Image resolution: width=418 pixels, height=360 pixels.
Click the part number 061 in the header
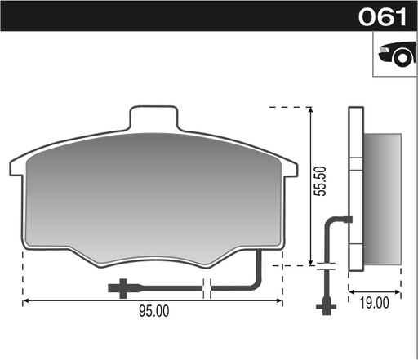pyautogui.click(x=382, y=17)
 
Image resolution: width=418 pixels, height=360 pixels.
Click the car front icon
pyautogui.click(x=397, y=55)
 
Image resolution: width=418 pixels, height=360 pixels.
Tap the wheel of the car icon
pyautogui.click(x=402, y=58)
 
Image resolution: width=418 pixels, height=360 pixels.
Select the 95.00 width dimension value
pyautogui.click(x=154, y=311)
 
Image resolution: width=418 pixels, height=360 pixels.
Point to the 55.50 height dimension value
pyautogui.click(x=320, y=181)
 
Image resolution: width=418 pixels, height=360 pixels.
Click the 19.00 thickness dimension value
pyautogui.click(x=375, y=303)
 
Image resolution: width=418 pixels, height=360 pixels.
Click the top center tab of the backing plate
pyautogui.click(x=154, y=118)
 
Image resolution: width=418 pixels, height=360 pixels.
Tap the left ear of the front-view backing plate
pyautogui.click(x=17, y=167)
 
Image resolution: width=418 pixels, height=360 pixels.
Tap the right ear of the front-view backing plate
pyautogui.click(x=291, y=170)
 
